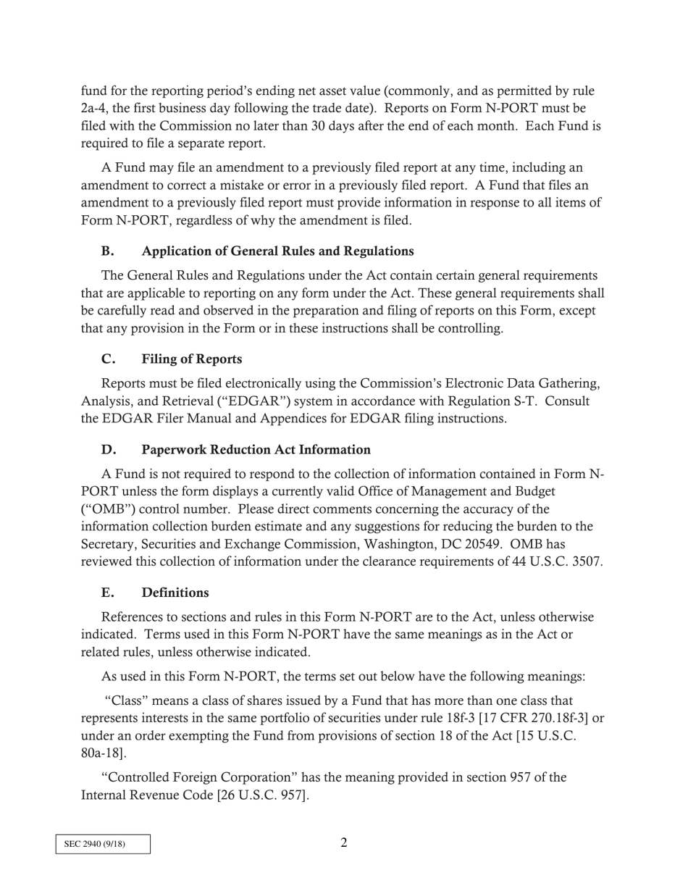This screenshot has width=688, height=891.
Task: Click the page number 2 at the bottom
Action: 344,842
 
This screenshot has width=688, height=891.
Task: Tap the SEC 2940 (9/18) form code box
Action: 103,844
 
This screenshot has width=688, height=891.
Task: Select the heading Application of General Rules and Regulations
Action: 277,251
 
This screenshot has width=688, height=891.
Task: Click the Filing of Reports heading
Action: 192,359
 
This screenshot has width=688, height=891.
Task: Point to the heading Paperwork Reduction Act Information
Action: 256,449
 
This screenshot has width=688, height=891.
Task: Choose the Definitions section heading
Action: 175,592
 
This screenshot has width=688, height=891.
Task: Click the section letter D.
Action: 108,449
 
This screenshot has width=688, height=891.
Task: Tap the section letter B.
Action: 107,251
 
